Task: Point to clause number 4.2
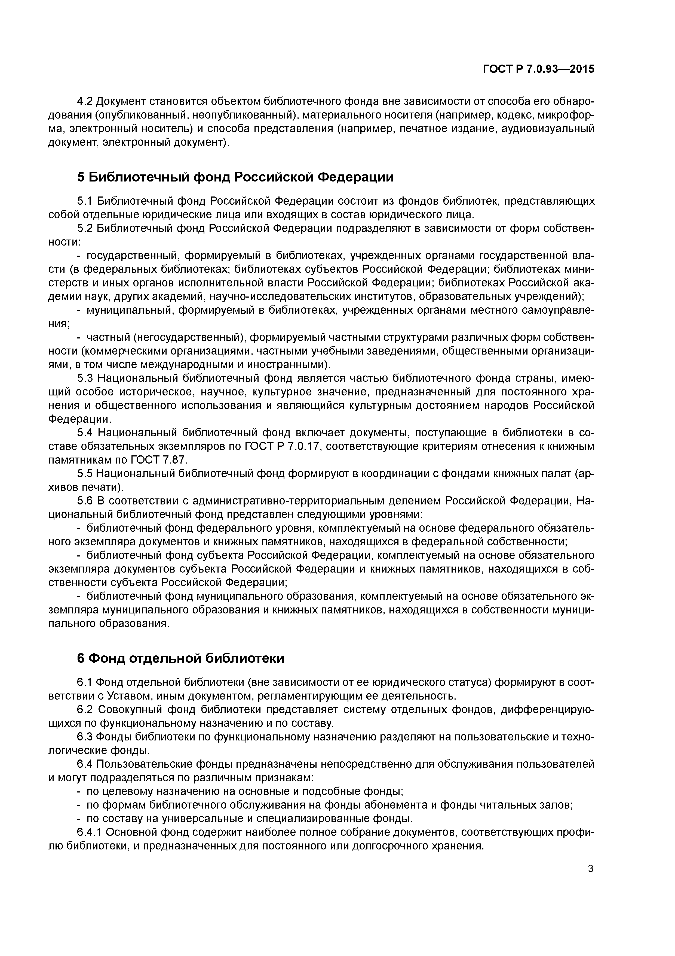tap(85, 102)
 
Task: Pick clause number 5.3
tap(85, 378)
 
